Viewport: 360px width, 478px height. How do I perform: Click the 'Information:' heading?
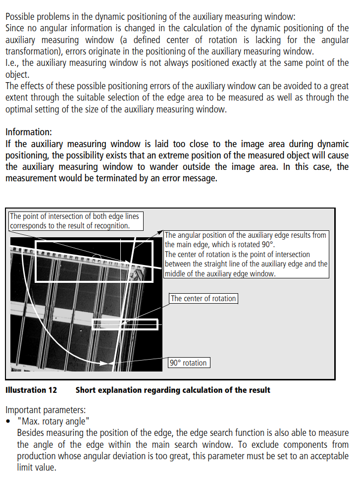coord(28,132)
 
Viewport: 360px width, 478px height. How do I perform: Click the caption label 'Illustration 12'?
coord(31,390)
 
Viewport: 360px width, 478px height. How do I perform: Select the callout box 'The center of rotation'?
coord(203,298)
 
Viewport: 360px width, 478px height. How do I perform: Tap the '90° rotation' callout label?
coord(188,363)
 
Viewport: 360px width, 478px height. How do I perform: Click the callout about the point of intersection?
coord(76,221)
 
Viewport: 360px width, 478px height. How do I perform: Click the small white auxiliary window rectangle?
coord(125,324)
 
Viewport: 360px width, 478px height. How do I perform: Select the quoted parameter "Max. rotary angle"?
coord(53,421)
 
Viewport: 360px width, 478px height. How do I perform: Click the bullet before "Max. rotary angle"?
coord(8,422)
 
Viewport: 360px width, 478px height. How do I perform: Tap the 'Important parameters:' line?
coord(46,410)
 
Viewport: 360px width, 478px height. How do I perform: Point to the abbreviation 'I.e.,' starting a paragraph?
coord(13,63)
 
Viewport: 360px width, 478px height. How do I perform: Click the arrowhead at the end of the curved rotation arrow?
coord(105,364)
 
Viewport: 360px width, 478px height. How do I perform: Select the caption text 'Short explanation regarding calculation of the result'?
coord(173,390)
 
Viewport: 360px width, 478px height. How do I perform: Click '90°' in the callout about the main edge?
coord(267,245)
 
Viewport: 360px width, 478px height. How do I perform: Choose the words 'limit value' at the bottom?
coord(36,467)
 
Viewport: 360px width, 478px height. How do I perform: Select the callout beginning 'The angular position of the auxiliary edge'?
coord(246,254)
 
